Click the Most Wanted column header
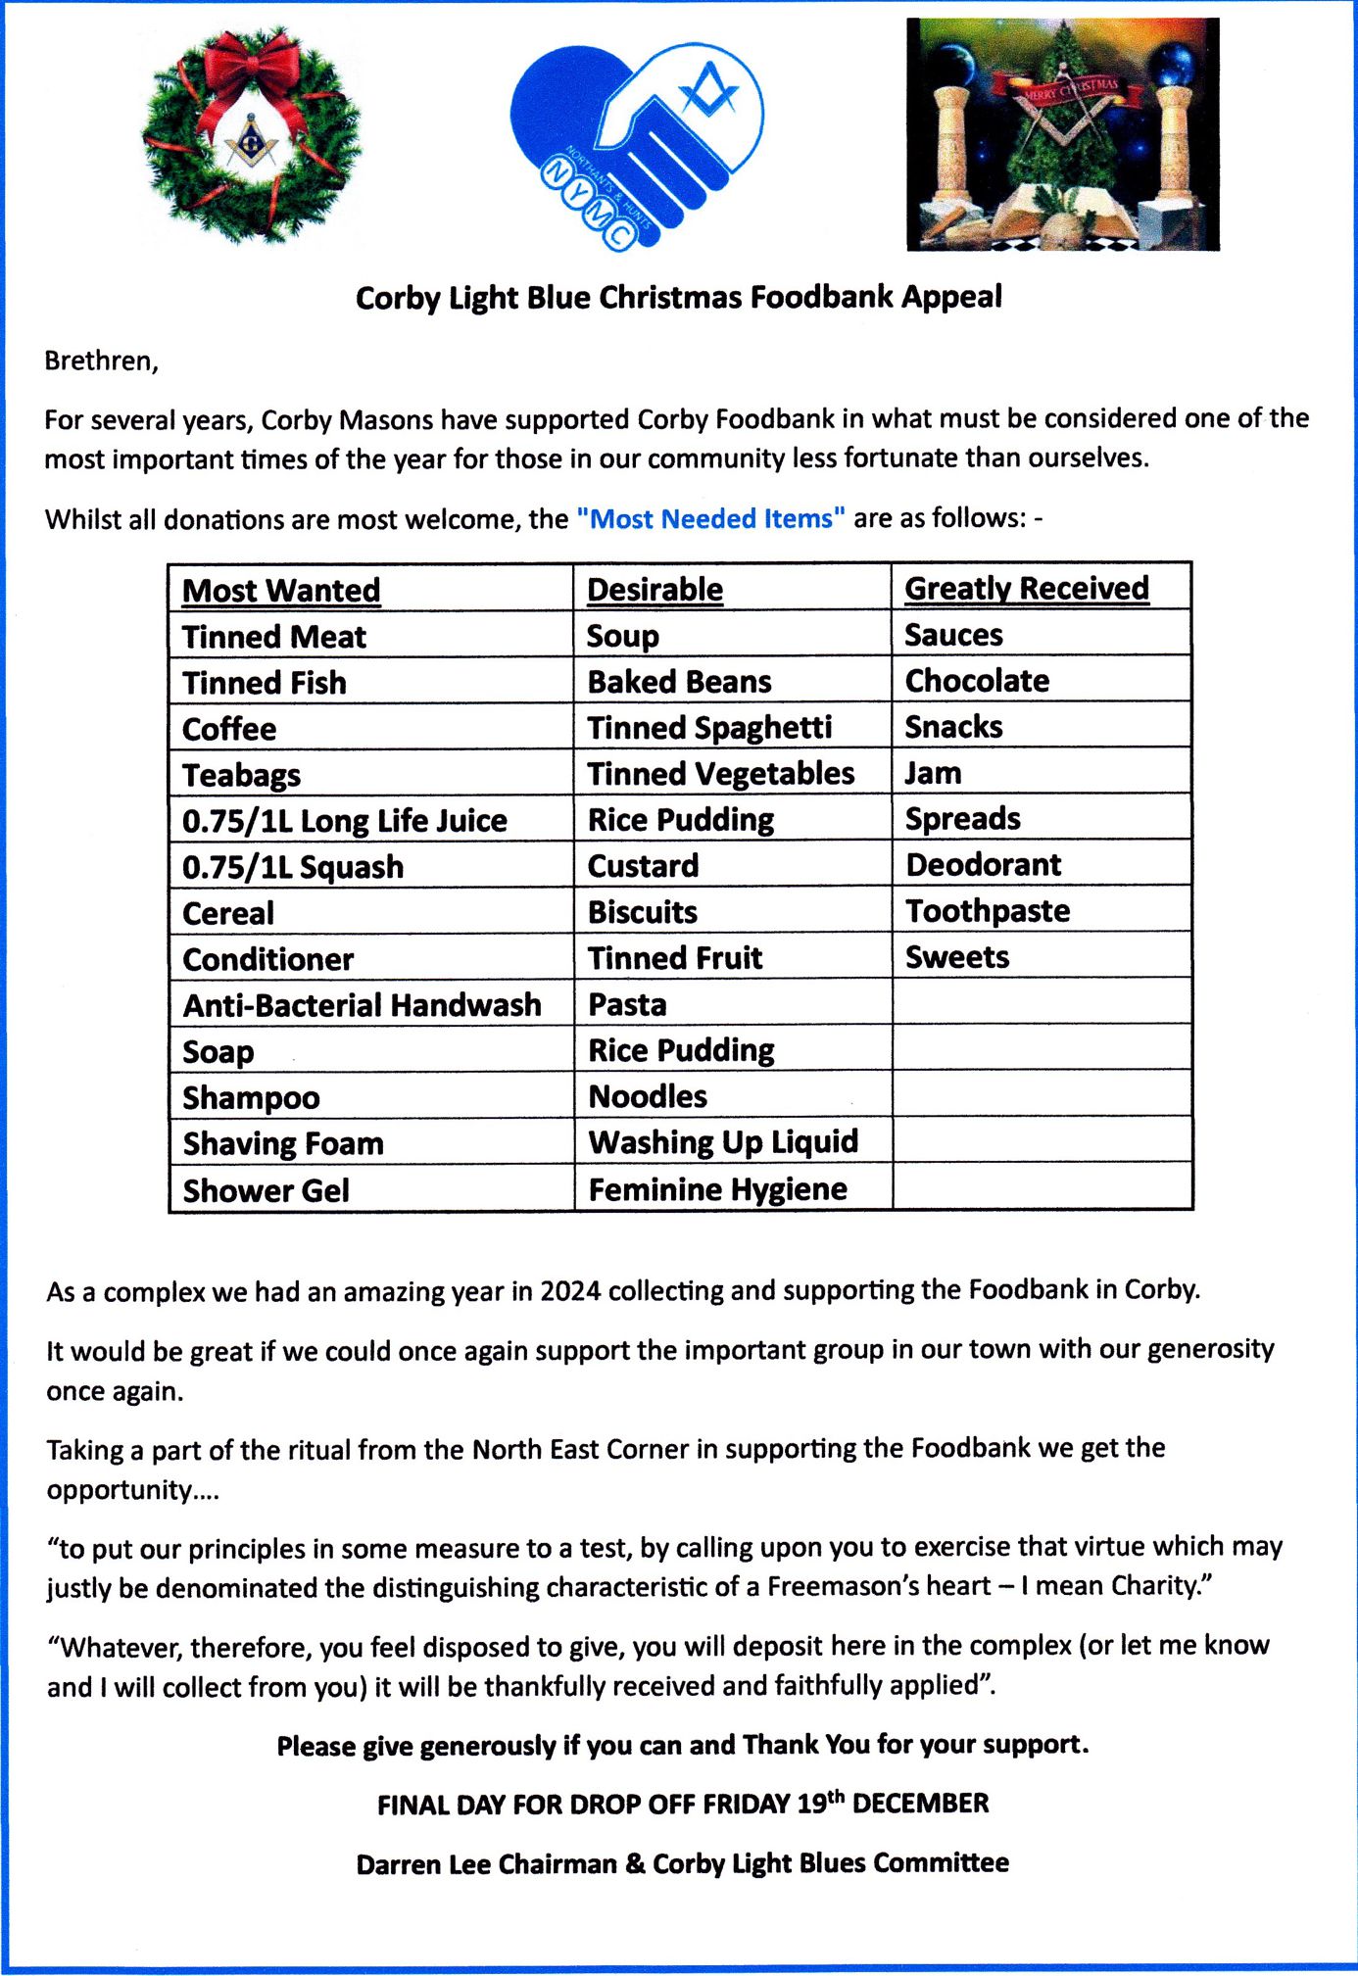tap(281, 591)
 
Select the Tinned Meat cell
tap(274, 637)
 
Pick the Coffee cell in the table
tap(229, 729)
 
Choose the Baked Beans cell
tap(679, 682)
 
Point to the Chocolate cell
tap(977, 681)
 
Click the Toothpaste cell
tap(987, 911)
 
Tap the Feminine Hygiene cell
tap(717, 1189)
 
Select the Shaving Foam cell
tap(283, 1143)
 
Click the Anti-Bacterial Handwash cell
tap(362, 1005)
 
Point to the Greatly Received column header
tap(1026, 588)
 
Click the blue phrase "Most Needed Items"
tap(710, 518)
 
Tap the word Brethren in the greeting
tap(100, 361)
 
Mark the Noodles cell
tap(648, 1096)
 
